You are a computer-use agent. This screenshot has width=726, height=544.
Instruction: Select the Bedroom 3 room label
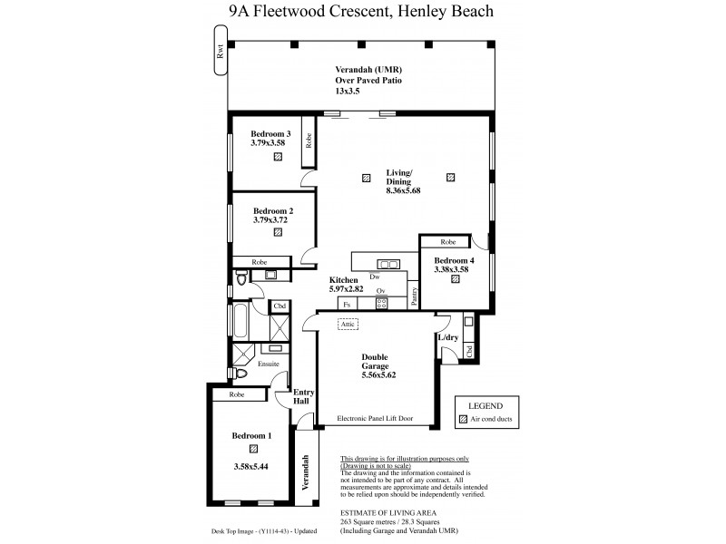click(270, 132)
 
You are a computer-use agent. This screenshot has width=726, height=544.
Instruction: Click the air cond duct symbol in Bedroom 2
click(277, 232)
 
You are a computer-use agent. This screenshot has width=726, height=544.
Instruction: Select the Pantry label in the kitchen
click(414, 299)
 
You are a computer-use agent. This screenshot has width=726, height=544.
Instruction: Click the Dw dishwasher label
click(374, 277)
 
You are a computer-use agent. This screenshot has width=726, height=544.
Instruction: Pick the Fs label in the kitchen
click(347, 304)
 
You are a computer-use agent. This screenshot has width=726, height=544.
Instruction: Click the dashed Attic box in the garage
click(348, 324)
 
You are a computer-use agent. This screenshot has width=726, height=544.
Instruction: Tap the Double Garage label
click(377, 363)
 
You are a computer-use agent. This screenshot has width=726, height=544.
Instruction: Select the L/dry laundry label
click(447, 337)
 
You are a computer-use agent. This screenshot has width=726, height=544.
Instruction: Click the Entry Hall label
click(303, 395)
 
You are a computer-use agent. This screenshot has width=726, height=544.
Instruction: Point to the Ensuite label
click(269, 364)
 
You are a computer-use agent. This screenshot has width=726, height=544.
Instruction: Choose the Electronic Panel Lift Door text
click(375, 418)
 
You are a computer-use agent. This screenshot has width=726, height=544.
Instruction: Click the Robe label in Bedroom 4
click(448, 242)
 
